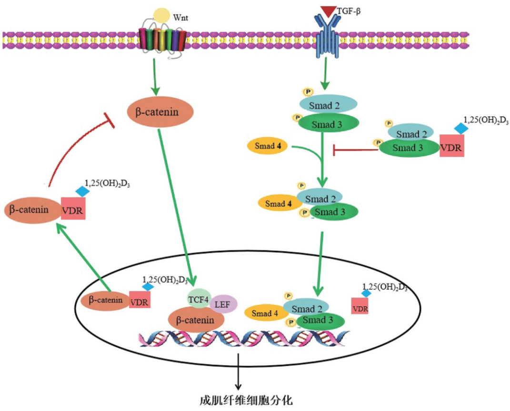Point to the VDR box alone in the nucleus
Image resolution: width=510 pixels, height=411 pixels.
(x=360, y=306)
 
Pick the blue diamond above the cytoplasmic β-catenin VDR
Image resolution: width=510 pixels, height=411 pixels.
(x=83, y=190)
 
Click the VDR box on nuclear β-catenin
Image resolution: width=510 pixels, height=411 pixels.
(x=140, y=301)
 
